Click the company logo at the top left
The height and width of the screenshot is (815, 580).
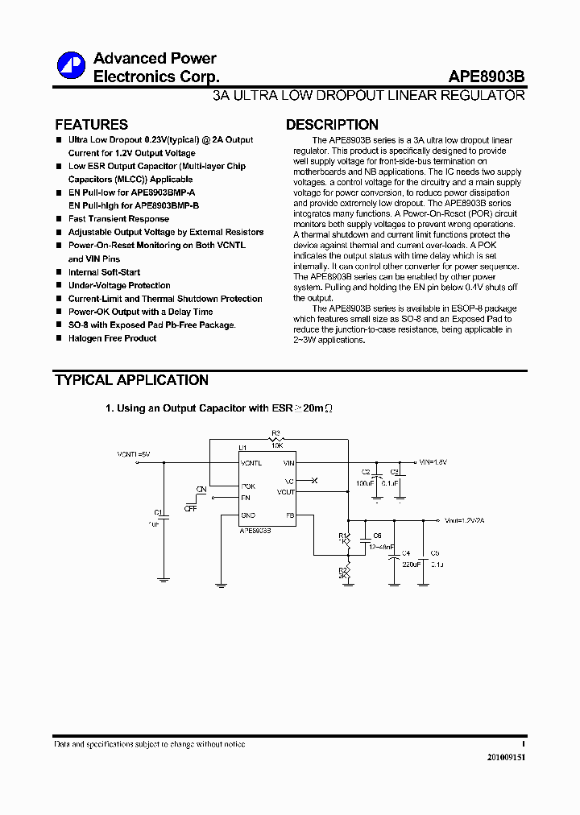71,66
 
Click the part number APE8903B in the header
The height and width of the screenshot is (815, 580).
487,77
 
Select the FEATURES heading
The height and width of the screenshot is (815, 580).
91,125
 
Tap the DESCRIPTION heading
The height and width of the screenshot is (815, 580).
332,125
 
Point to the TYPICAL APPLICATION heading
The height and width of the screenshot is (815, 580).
131,380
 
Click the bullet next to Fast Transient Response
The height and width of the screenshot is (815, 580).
59,219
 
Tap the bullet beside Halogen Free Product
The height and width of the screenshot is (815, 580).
59,338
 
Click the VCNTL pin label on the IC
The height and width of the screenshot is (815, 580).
251,463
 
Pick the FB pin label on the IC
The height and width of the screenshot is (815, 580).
289,515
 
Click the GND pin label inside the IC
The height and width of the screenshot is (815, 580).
248,515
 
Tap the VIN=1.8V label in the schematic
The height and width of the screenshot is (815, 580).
433,462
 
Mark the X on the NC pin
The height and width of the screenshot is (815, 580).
315,481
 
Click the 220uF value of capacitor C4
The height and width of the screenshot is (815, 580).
412,564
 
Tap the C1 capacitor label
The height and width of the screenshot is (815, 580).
158,512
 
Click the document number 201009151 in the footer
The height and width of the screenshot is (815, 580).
506,758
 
